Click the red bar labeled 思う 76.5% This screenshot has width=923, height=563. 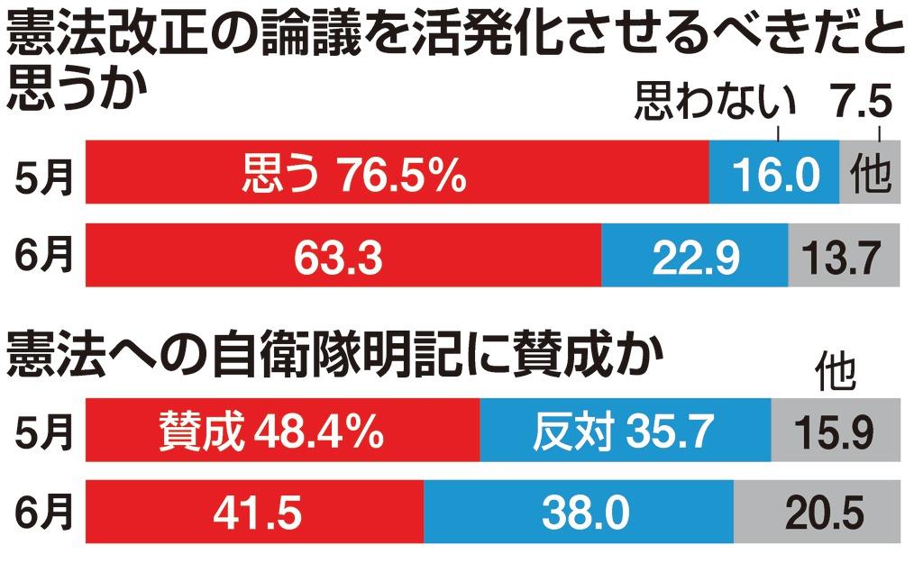tap(397, 171)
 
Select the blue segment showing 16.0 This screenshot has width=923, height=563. tap(773, 171)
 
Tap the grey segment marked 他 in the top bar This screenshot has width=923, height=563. tap(870, 171)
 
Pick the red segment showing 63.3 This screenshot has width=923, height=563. tap(343, 257)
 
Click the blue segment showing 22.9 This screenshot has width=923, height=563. tap(694, 257)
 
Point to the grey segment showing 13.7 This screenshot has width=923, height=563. tap(845, 257)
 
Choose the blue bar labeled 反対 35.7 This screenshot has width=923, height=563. tap(626, 431)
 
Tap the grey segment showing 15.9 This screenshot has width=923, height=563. tap(836, 431)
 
